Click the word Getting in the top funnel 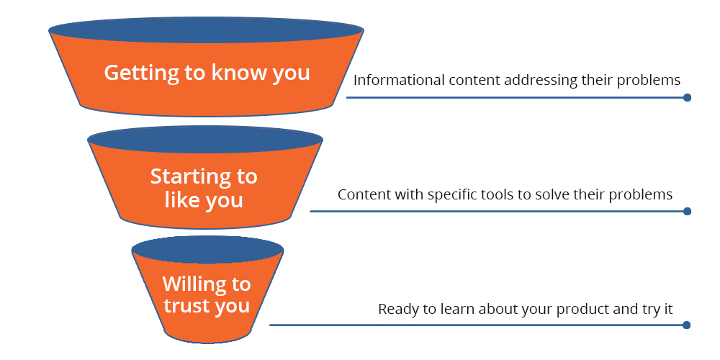coord(134,73)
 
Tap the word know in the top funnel coord(232,73)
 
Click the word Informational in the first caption coord(399,80)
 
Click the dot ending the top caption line coord(687,97)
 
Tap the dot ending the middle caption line coord(687,211)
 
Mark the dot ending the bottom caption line coord(687,325)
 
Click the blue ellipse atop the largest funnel coord(206,32)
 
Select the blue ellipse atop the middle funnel coord(205,139)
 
